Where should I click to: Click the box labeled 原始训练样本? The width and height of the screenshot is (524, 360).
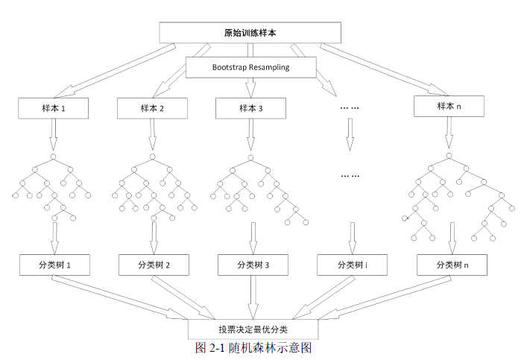click(250, 33)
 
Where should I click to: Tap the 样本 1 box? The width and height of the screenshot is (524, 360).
click(54, 108)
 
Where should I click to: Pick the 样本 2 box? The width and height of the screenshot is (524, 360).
click(151, 108)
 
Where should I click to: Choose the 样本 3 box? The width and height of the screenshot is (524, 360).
click(250, 108)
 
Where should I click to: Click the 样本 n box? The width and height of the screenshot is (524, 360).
click(449, 107)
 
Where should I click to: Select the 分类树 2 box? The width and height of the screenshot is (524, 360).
click(154, 265)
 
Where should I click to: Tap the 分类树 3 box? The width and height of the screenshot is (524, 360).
click(253, 265)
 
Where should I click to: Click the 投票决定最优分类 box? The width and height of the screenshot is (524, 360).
click(253, 329)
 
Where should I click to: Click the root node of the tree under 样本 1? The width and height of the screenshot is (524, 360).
click(53, 157)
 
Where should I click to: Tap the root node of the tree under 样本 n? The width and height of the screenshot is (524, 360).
click(449, 156)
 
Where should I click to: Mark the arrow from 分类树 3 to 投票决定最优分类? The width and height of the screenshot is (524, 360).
click(253, 297)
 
